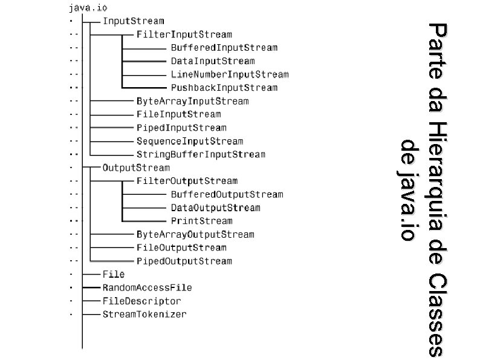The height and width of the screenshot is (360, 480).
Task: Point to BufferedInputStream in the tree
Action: coord(224,47)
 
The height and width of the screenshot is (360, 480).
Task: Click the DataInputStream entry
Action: coord(213,61)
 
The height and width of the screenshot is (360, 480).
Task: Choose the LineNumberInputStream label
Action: coord(230,74)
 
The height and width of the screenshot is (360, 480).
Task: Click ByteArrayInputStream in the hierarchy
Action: coord(192,101)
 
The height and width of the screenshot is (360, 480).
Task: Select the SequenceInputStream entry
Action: coord(190,141)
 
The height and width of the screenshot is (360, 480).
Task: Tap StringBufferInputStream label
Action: coord(201,154)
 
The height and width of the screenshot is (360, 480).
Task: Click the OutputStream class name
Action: coord(136,168)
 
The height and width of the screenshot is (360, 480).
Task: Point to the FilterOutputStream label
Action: coord(187,181)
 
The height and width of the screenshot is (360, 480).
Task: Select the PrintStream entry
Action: coord(201,221)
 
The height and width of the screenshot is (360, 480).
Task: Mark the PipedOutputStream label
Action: coord(184,261)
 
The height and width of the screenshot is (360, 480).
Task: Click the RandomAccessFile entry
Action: coord(147,287)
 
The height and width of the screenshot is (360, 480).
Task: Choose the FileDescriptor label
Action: coord(141,301)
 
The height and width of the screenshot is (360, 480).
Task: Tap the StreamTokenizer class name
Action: coord(144,314)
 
